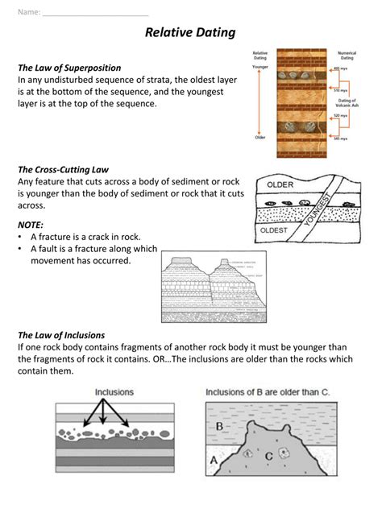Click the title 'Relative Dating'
[x=190, y=33]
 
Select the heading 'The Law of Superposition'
[x=69, y=68]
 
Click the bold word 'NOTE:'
[x=31, y=225]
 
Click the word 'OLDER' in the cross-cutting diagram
[x=280, y=185]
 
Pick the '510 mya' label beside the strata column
[x=342, y=91]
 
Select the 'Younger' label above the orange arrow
[x=260, y=68]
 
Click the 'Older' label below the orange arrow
[x=260, y=138]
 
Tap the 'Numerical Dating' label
[x=347, y=56]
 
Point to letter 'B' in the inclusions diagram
[x=219, y=426]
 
